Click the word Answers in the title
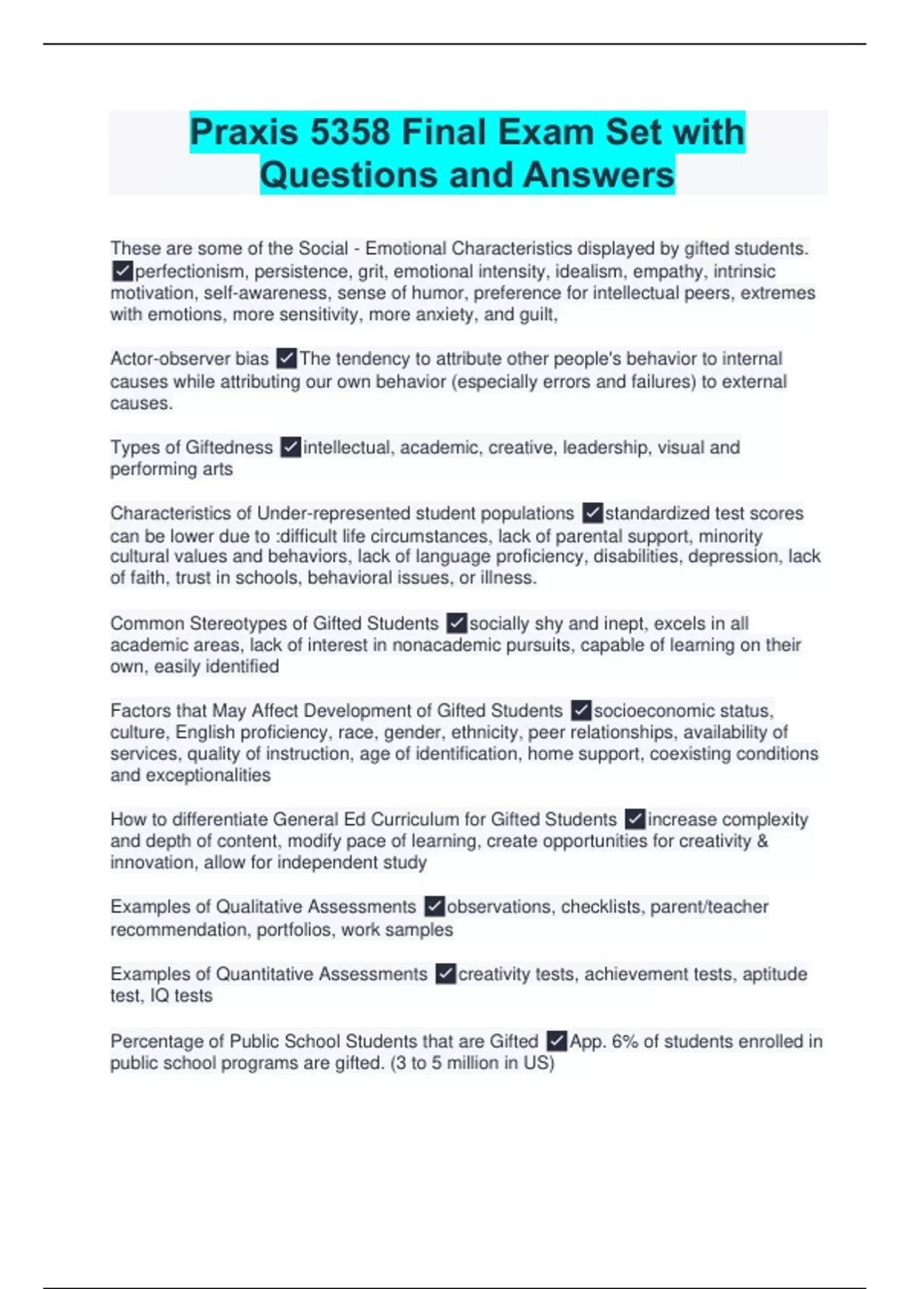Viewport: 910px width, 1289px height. point(598,175)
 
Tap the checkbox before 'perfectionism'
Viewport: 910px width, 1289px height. point(122,271)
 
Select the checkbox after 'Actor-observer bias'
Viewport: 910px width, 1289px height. point(287,358)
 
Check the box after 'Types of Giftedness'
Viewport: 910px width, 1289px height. point(290,447)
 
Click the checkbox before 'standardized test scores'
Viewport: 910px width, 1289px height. point(592,513)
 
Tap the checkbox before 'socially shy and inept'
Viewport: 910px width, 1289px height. point(457,623)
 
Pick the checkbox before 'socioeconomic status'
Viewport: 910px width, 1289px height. point(581,710)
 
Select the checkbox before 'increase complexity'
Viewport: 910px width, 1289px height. point(635,819)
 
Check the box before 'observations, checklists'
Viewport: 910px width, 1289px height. point(435,906)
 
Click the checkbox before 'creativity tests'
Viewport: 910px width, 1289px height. point(446,974)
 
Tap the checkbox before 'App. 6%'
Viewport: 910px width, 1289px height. point(557,1041)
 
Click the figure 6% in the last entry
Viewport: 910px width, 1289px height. point(625,1041)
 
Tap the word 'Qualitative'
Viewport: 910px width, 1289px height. point(258,906)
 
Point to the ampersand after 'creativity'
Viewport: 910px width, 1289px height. point(762,841)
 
